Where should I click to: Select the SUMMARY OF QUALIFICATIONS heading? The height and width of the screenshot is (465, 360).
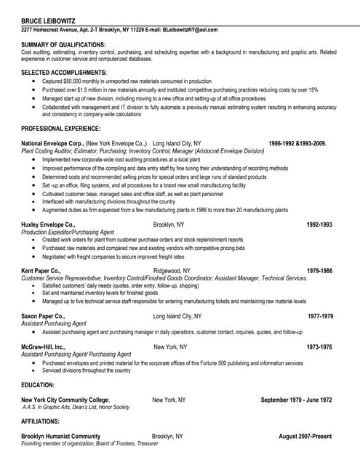pyautogui.click(x=63, y=45)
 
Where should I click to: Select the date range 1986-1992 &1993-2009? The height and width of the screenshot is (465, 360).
pyautogui.click(x=297, y=143)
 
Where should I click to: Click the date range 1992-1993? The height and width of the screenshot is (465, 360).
pyautogui.click(x=319, y=225)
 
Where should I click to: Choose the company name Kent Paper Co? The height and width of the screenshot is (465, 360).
pyautogui.click(x=41, y=271)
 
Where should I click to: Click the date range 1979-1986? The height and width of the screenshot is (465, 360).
pyautogui.click(x=319, y=271)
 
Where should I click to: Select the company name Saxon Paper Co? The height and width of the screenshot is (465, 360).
pyautogui.click(x=43, y=317)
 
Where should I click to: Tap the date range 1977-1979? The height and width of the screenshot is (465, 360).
pyautogui.click(x=320, y=317)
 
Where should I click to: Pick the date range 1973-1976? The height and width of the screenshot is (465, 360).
pyautogui.click(x=319, y=347)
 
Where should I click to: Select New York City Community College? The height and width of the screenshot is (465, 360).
pyautogui.click(x=65, y=400)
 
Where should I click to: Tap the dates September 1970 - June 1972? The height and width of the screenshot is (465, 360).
pyautogui.click(x=296, y=400)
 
